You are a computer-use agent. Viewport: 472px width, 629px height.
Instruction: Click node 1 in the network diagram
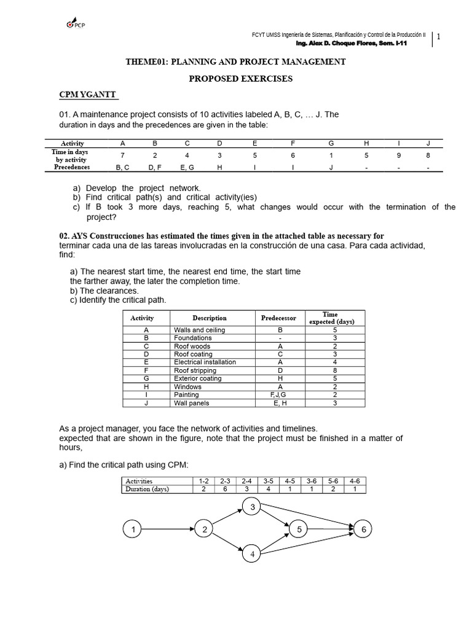click(132, 529)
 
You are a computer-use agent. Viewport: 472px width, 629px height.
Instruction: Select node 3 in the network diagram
click(252, 507)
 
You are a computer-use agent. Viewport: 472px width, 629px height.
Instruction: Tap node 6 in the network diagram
click(363, 529)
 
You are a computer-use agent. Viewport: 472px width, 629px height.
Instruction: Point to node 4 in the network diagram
click(252, 554)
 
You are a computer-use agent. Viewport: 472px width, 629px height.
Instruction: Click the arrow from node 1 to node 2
click(167, 529)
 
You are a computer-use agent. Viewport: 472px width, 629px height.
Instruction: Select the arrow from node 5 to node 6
click(329, 529)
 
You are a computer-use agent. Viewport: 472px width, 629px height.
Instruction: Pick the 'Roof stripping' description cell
click(195, 370)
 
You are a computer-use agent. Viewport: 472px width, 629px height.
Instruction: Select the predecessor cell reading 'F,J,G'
click(279, 395)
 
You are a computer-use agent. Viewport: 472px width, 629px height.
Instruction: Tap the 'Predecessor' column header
click(278, 318)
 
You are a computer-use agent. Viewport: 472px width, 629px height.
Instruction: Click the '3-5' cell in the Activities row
click(267, 480)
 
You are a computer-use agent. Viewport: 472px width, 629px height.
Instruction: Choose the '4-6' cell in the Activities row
click(354, 480)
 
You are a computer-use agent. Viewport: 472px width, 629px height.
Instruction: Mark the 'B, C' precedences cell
click(123, 167)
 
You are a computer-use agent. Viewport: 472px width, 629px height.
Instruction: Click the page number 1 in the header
click(438, 37)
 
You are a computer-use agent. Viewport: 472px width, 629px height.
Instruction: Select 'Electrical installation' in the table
click(205, 362)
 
